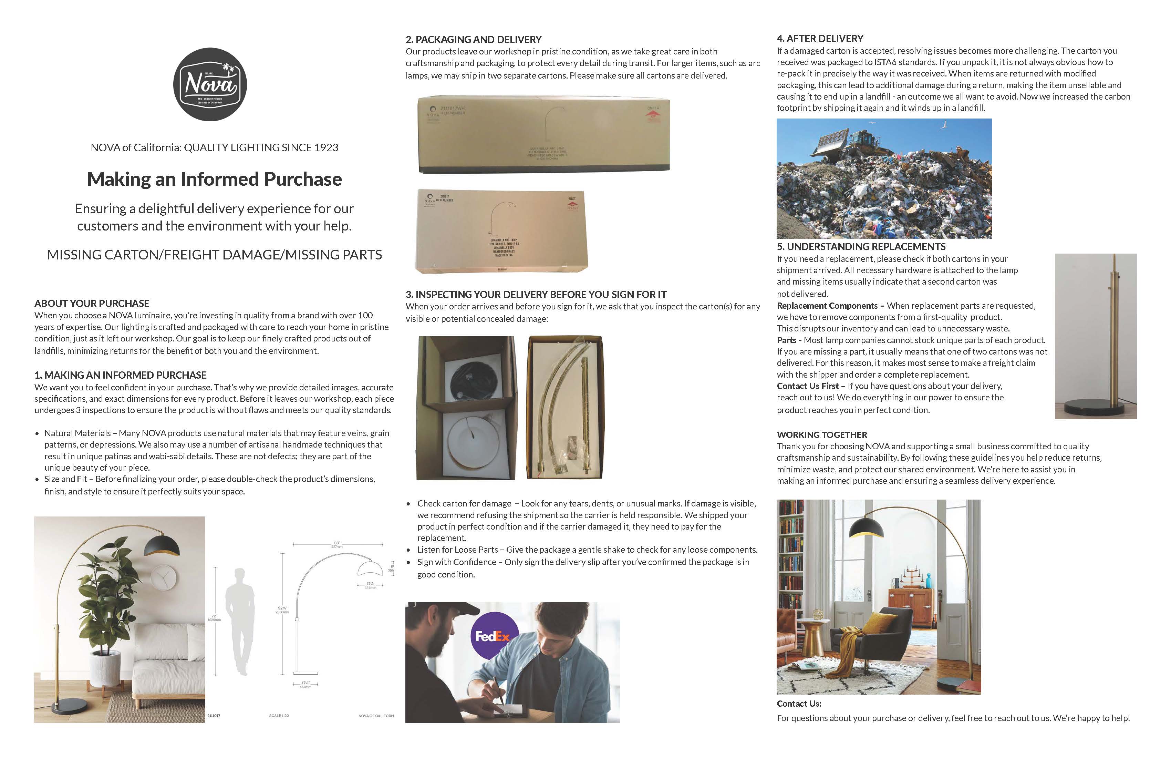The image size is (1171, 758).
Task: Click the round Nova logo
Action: coord(210,84)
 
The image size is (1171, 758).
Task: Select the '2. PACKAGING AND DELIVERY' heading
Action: coord(473,39)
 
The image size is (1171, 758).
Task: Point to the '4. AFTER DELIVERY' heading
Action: coord(820,38)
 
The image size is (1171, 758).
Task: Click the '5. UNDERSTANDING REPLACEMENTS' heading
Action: coord(861,247)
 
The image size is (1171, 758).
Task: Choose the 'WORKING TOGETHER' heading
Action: coord(822,434)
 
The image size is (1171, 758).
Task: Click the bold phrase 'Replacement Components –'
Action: coord(830,306)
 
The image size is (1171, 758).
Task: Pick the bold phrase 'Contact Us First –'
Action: coord(810,386)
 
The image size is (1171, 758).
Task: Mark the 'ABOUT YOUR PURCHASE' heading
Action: coord(92,303)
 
